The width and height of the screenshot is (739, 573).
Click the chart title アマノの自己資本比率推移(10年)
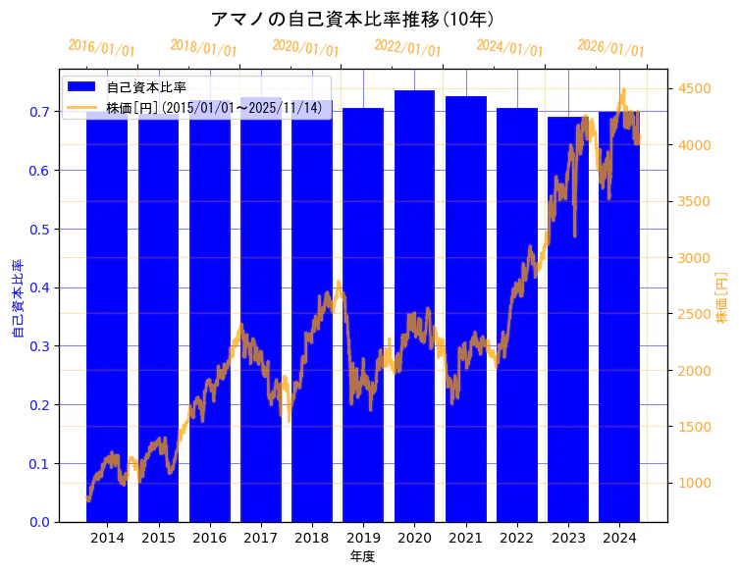[x=352, y=19]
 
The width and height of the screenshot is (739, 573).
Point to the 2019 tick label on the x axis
[x=363, y=538]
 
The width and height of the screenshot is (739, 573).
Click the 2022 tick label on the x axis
[x=517, y=538]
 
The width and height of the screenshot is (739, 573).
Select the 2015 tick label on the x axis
[x=158, y=538]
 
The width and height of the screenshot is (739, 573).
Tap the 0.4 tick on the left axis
[x=38, y=287]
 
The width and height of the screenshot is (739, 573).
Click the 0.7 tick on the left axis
[x=38, y=112]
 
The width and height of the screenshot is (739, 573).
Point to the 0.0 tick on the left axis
[x=38, y=522]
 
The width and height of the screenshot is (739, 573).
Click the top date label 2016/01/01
[x=101, y=48]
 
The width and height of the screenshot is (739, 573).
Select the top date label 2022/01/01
[x=407, y=48]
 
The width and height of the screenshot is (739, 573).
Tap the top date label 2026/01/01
[x=610, y=48]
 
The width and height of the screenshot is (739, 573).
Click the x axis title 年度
[x=363, y=556]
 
